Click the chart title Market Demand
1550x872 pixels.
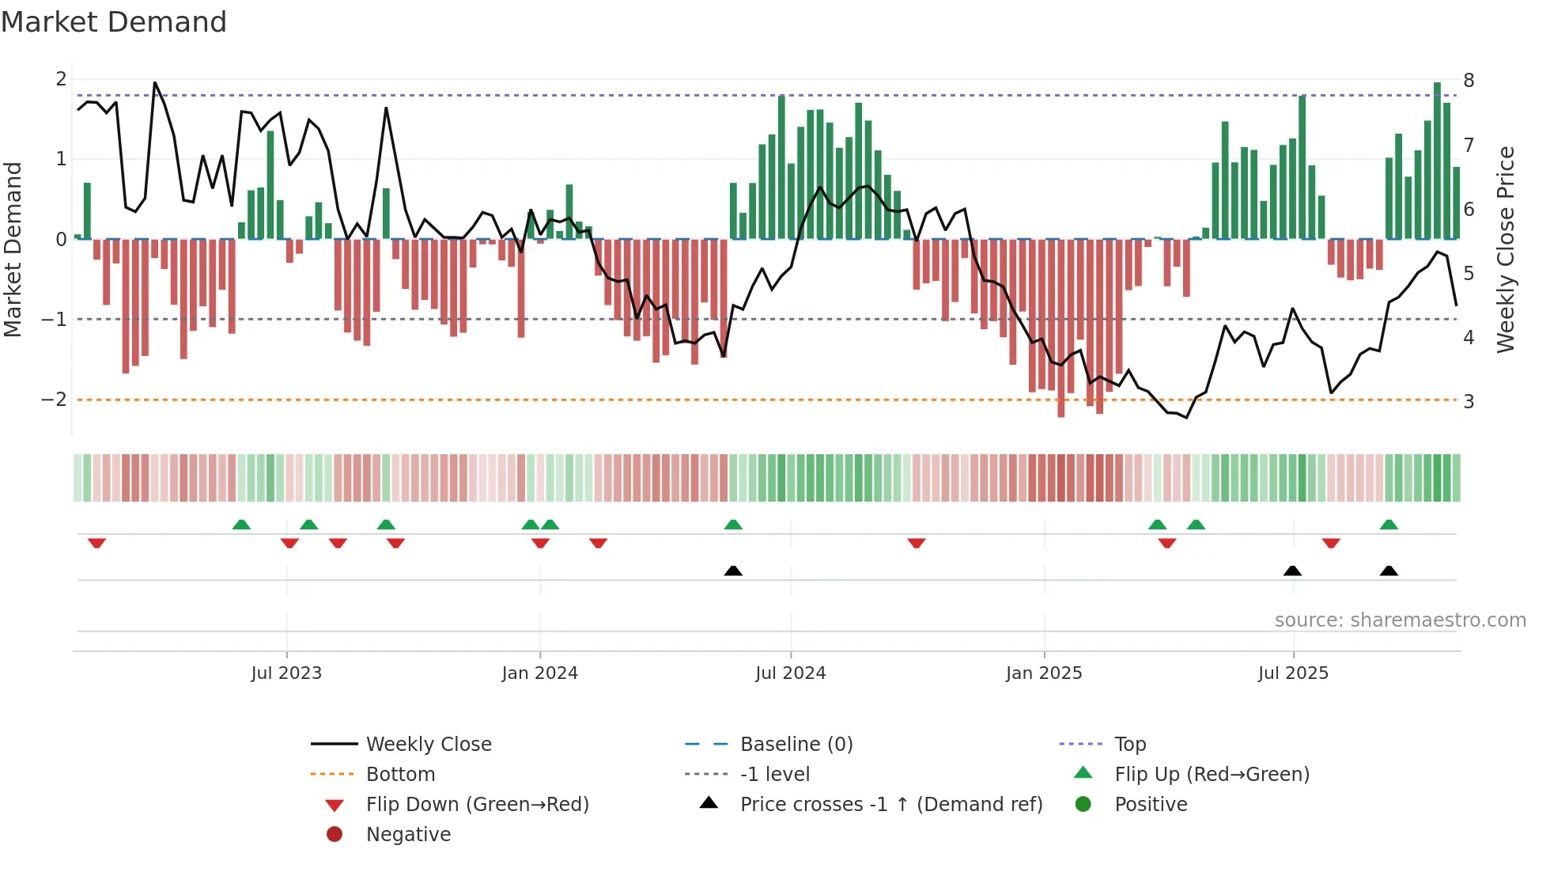click(x=114, y=22)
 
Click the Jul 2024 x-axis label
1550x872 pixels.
click(x=790, y=673)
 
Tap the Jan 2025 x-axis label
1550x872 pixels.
click(x=1043, y=673)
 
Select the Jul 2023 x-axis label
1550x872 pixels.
click(x=286, y=673)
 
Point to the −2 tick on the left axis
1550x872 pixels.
click(x=54, y=400)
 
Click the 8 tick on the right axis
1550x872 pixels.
click(x=1469, y=80)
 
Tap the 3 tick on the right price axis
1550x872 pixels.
click(x=1469, y=401)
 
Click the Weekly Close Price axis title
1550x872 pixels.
click(x=1506, y=249)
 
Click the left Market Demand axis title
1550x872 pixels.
click(x=13, y=249)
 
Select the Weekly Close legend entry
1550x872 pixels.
click(x=428, y=744)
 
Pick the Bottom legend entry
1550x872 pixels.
click(x=400, y=774)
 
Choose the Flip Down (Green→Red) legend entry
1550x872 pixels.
click(x=477, y=804)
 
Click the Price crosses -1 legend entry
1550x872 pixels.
click(x=890, y=804)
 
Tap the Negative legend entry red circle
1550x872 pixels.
click(x=335, y=834)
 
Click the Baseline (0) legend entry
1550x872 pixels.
click(x=796, y=744)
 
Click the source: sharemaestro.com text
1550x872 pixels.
click(x=1400, y=620)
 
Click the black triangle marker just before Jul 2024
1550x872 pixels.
click(x=733, y=571)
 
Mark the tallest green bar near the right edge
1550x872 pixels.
click(x=1437, y=161)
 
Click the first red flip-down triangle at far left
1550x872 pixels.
click(x=96, y=543)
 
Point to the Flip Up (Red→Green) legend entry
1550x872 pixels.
click(x=1212, y=774)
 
